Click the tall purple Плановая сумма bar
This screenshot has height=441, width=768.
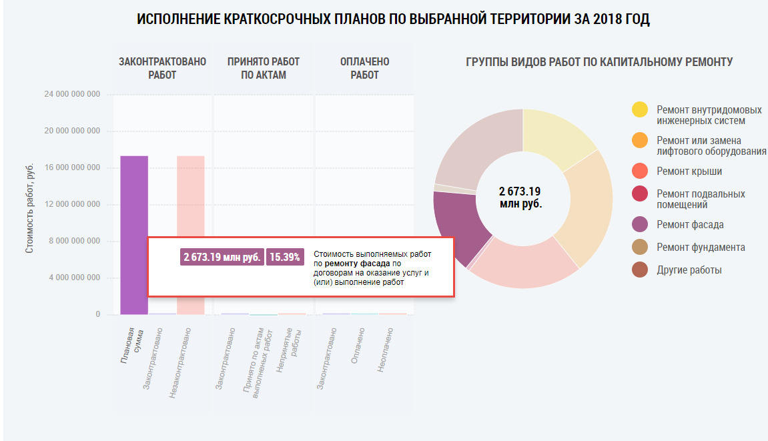coord(134,200)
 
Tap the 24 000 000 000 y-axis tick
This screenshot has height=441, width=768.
coord(72,95)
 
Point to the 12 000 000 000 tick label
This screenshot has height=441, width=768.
coord(72,204)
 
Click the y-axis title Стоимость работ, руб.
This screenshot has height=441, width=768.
coord(29,207)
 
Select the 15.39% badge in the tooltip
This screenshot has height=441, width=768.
coord(284,257)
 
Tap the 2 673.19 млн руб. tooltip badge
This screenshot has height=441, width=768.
coord(222,257)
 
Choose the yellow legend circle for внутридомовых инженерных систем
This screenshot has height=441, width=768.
coord(640,110)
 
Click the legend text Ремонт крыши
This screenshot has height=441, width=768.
coord(689,171)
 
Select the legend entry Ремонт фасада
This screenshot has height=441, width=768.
coord(690,225)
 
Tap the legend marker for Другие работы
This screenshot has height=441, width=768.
coord(640,270)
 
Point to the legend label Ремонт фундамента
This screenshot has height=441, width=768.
coord(701,248)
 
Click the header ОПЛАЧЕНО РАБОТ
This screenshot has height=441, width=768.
coord(364,68)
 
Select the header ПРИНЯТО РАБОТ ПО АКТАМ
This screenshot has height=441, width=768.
coord(263,68)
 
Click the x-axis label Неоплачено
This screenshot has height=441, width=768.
coord(386,349)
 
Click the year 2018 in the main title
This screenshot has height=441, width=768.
coord(605,19)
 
